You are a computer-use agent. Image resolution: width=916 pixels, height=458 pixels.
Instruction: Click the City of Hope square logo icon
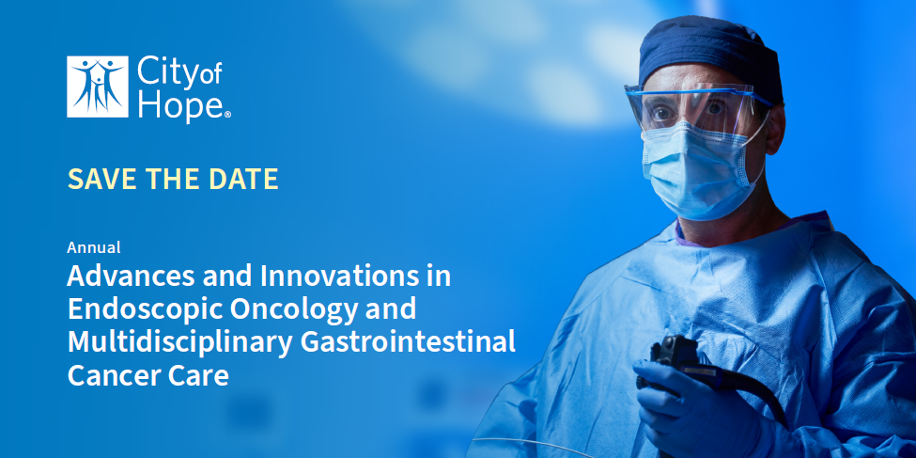[98, 87]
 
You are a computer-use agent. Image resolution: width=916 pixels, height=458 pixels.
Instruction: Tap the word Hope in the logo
[180, 106]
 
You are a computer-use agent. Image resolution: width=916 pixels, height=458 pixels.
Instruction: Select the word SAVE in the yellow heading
[102, 179]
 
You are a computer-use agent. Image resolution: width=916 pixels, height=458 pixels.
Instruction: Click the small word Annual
[94, 247]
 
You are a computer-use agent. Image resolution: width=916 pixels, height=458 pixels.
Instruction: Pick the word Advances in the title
[132, 276]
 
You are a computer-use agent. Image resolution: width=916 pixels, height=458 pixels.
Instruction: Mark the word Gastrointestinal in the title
[408, 341]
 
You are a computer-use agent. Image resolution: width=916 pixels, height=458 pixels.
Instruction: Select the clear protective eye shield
[695, 108]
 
